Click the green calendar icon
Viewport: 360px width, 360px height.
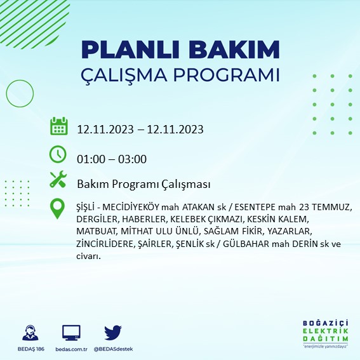coord(58,126)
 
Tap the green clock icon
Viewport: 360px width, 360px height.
coord(58,154)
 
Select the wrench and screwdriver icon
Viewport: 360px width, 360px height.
coord(58,180)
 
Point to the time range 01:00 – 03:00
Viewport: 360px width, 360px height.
coord(112,159)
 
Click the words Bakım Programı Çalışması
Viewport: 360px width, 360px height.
coord(143,184)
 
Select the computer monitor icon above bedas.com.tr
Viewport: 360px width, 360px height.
coord(70,333)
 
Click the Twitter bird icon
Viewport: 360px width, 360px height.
coord(112,333)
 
